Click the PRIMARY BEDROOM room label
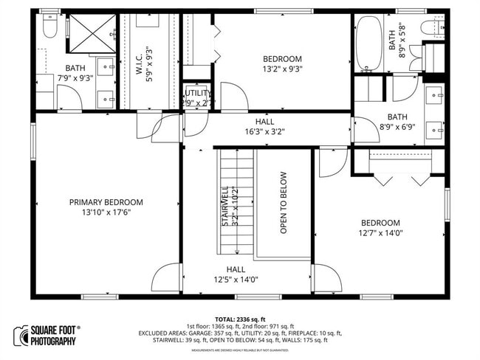coord(106,201)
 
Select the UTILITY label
coord(197,94)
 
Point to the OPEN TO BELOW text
coord(283,203)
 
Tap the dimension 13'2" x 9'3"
coord(282,69)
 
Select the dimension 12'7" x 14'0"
coord(380,233)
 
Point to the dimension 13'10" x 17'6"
coord(106,212)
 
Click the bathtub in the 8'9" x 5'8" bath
coord(367,43)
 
